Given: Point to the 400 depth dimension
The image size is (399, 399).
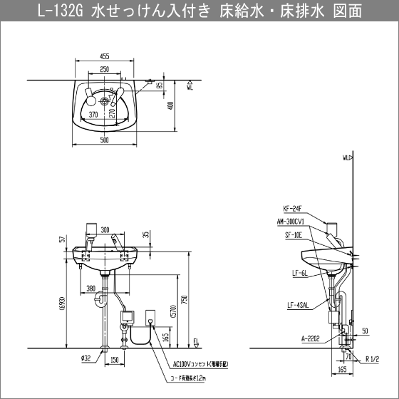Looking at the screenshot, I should pyautogui.click(x=171, y=105).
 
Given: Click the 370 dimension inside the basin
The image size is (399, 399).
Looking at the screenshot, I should pyautogui.click(x=93, y=113).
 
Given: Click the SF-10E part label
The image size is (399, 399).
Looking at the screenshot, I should pyautogui.click(x=294, y=234).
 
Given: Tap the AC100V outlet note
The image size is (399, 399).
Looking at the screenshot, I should pyautogui.click(x=197, y=363).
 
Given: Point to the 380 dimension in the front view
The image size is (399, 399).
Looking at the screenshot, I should pyautogui.click(x=91, y=289).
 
